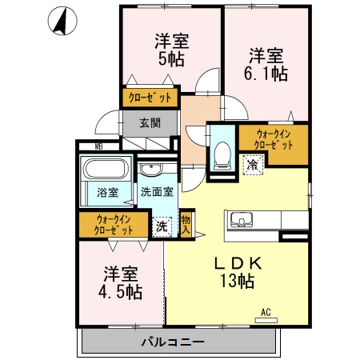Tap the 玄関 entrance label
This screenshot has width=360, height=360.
point(148,122)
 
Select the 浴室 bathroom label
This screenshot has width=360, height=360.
point(107,192)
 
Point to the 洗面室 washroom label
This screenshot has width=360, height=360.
point(157,192)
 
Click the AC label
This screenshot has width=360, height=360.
point(265,313)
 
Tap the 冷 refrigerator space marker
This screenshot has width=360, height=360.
point(252,166)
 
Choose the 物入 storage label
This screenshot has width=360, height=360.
point(186,222)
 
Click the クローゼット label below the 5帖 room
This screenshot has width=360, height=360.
point(148,99)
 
